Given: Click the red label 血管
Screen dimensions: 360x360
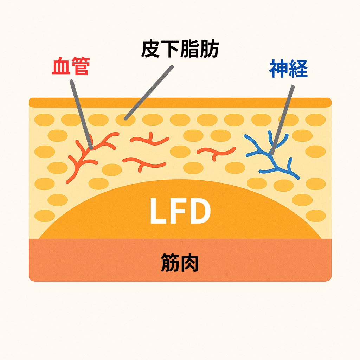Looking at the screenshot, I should tap(70, 67).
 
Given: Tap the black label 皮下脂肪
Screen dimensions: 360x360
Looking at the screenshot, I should tap(180, 50).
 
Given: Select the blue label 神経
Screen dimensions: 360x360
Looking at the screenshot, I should tap(288, 69).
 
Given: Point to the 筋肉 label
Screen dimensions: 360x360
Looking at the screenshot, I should tap(180, 263).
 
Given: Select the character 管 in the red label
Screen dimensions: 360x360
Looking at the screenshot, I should tap(79, 67).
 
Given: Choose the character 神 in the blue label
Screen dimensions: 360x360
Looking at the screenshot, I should tap(278, 69).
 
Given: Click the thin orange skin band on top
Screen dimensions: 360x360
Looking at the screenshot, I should tap(180, 102).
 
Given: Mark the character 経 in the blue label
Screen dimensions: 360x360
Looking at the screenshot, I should tap(298, 69).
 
